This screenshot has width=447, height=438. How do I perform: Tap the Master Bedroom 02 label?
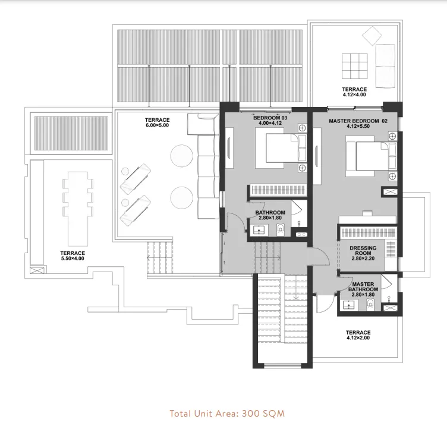coord(358,121)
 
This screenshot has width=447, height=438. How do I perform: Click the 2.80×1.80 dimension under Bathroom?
coord(270,218)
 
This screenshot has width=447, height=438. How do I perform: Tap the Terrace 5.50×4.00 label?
coord(73,256)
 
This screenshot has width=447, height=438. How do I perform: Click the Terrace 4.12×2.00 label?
coord(358,336)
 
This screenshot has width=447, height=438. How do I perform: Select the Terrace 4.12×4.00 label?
coord(354,92)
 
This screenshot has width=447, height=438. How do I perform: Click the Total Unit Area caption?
coord(227,413)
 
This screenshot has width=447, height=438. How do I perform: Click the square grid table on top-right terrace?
coord(354,65)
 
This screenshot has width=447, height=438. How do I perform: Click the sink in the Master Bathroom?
coord(348,305)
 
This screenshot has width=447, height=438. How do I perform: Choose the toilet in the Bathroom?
coord(282,229)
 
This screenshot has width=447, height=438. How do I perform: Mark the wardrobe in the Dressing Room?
coord(367,232)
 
